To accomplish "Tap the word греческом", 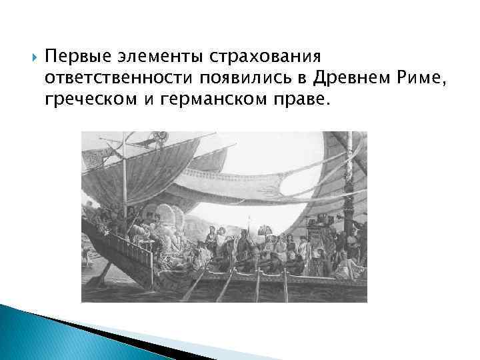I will pyautogui.click(x=91, y=100).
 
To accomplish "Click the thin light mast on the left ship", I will pyautogui.click(x=125, y=180).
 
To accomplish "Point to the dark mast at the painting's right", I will pyautogui.click(x=351, y=193).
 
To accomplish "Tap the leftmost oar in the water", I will pyautogui.click(x=193, y=287).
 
